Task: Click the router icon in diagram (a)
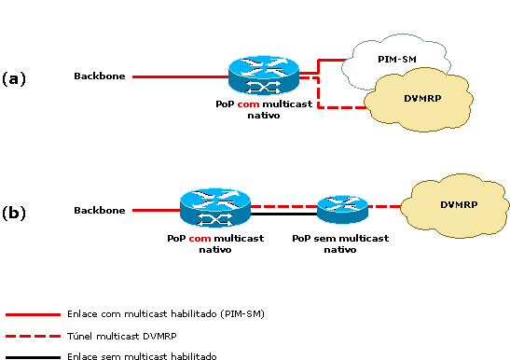point(263,76)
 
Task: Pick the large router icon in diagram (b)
point(215,210)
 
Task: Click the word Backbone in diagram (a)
point(99,76)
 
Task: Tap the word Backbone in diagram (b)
point(99,211)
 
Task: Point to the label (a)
point(14,77)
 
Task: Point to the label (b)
point(14,212)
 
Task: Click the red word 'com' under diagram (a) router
point(247,105)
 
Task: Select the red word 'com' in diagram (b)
point(200,239)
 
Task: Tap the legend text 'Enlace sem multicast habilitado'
point(142,356)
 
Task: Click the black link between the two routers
point(283,215)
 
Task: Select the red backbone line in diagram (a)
point(177,76)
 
